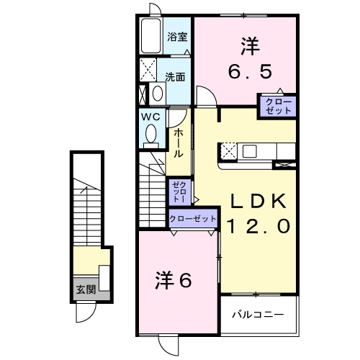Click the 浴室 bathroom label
[x=176, y=37]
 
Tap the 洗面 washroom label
[x=174, y=76]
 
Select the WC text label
[x=149, y=116]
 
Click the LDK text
[x=259, y=199]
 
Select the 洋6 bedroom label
[x=173, y=281]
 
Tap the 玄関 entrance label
[x=85, y=290]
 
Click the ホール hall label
[x=178, y=143]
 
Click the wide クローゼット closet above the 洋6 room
[x=193, y=218]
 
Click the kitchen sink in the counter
[x=251, y=150]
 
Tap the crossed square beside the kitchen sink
[x=228, y=150]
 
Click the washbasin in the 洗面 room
[x=158, y=93]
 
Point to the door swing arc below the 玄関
[x=86, y=311]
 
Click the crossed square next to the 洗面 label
[x=149, y=71]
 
